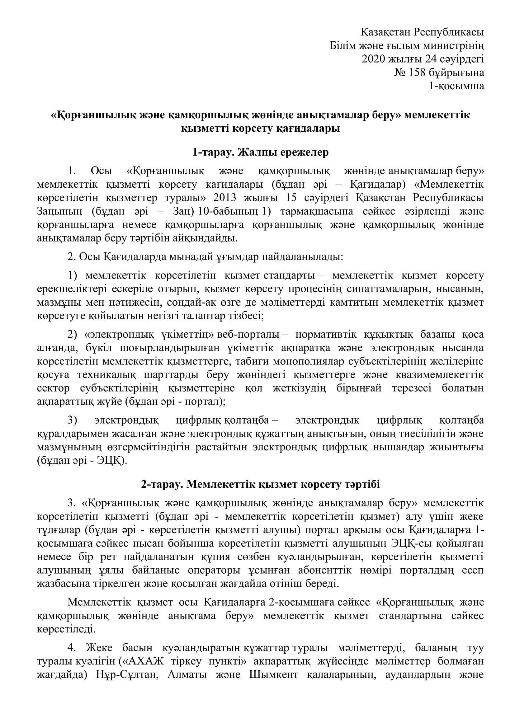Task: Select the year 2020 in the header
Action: pyautogui.click(x=373, y=59)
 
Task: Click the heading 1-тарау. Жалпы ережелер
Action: pyautogui.click(x=260, y=153)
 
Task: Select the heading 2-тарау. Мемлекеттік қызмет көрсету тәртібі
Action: pyautogui.click(x=260, y=485)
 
